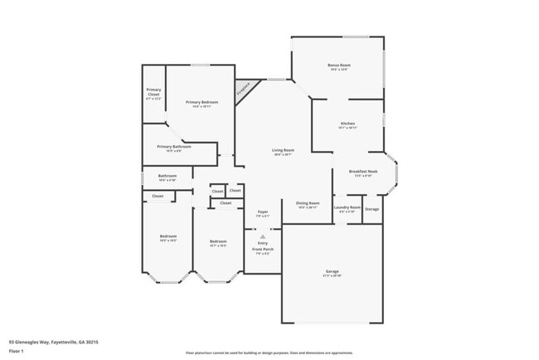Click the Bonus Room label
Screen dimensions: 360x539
click(x=339, y=66)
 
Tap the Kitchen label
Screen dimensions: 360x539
click(x=347, y=124)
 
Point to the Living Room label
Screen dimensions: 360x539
click(x=284, y=151)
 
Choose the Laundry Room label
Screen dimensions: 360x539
click(x=347, y=208)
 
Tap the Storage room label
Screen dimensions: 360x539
click(x=372, y=209)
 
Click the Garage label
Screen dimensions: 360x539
click(x=332, y=272)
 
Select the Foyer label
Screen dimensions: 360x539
click(x=262, y=213)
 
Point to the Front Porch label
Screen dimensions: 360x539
click(x=262, y=250)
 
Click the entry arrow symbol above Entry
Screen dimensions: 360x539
click(x=262, y=236)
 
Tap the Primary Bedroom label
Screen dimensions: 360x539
click(x=202, y=103)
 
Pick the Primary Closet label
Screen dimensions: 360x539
click(x=153, y=91)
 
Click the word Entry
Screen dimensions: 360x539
click(x=262, y=243)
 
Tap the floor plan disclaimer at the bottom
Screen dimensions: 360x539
click(x=269, y=353)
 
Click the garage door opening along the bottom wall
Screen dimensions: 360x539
click(x=332, y=322)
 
